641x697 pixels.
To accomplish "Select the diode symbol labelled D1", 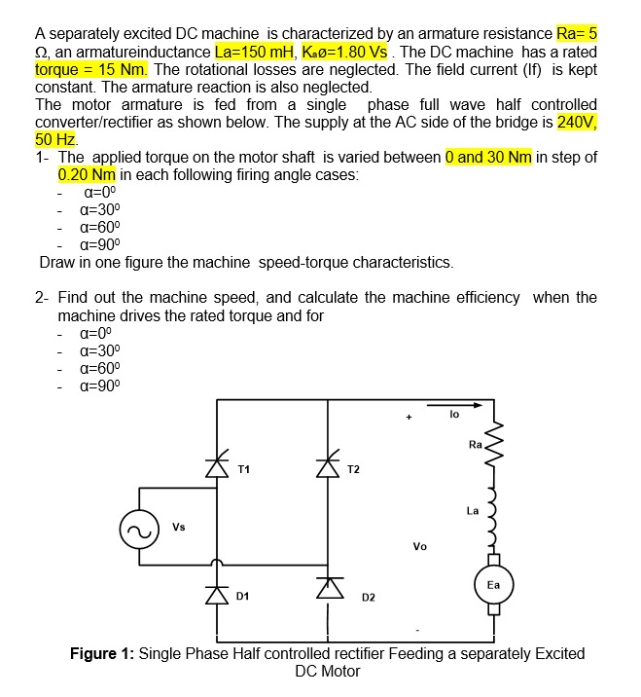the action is pos(216,587).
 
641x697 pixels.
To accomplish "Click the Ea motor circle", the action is pos(493,585).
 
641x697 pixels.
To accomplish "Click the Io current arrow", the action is pos(453,425).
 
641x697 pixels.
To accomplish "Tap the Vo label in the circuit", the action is pos(420,545).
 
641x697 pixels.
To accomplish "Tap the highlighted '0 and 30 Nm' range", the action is pos(488,158).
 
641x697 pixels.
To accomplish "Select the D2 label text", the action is pos(370,596).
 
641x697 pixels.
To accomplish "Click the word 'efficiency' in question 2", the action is pos(483,298).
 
